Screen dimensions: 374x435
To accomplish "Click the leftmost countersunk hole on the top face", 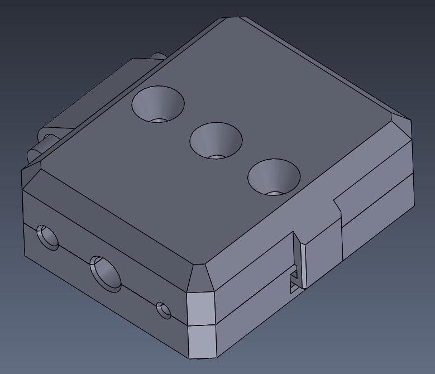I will pyautogui.click(x=158, y=104).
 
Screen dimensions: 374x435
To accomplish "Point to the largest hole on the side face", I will pyautogui.click(x=106, y=274).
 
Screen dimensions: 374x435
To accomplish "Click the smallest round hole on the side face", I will pyautogui.click(x=163, y=310).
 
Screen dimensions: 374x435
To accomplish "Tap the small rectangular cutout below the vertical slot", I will pyautogui.click(x=293, y=282).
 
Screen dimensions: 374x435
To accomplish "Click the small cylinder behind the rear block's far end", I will pyautogui.click(x=157, y=56).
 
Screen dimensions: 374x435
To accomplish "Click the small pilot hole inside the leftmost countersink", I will pyautogui.click(x=160, y=119).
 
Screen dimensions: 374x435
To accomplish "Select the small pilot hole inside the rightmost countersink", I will pyautogui.click(x=275, y=193).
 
